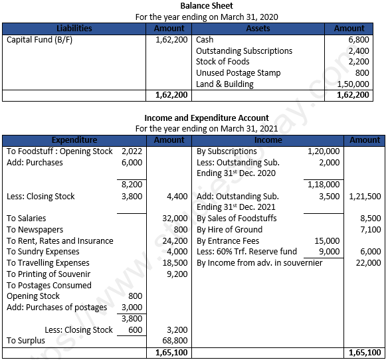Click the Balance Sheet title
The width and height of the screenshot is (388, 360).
(207, 6)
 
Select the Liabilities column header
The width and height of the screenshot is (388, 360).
(74, 29)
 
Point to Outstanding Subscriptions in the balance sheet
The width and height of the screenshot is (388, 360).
(244, 51)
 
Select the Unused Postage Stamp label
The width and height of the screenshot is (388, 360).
(238, 73)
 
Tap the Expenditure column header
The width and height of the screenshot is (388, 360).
(74, 140)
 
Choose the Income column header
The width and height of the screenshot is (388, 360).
(268, 140)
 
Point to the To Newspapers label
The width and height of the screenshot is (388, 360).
(37, 230)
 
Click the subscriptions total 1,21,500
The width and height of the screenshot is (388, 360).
(364, 197)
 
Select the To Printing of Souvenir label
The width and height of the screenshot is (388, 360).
(48, 274)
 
